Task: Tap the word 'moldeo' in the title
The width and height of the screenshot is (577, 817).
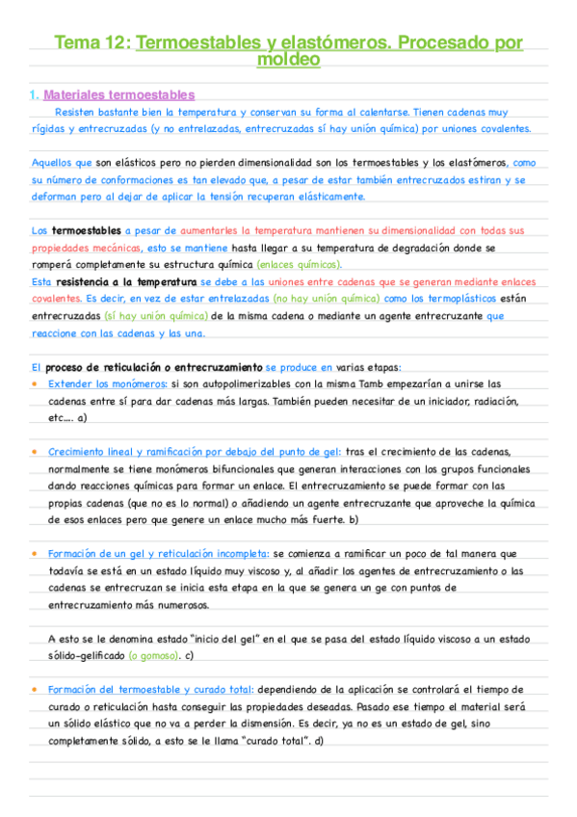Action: tap(289, 60)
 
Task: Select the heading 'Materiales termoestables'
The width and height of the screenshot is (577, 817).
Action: tap(119, 94)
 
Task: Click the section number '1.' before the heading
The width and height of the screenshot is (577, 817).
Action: tap(35, 94)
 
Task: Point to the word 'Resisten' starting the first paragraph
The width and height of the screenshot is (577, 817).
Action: tap(76, 112)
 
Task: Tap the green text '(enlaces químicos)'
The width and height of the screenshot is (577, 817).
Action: tap(300, 264)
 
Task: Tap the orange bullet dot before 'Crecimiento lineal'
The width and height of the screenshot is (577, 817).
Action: tap(36, 451)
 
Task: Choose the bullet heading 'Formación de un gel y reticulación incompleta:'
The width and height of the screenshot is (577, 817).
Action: tap(158, 554)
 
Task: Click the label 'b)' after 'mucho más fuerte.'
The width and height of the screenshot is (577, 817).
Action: tap(354, 519)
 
